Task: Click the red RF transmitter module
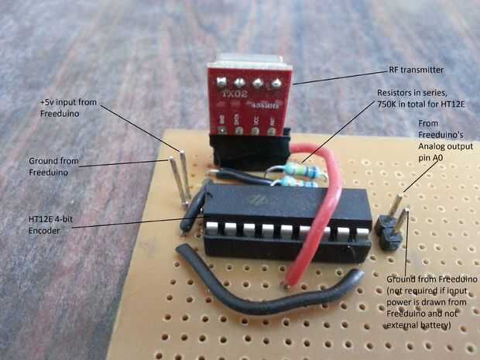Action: click(x=248, y=98)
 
